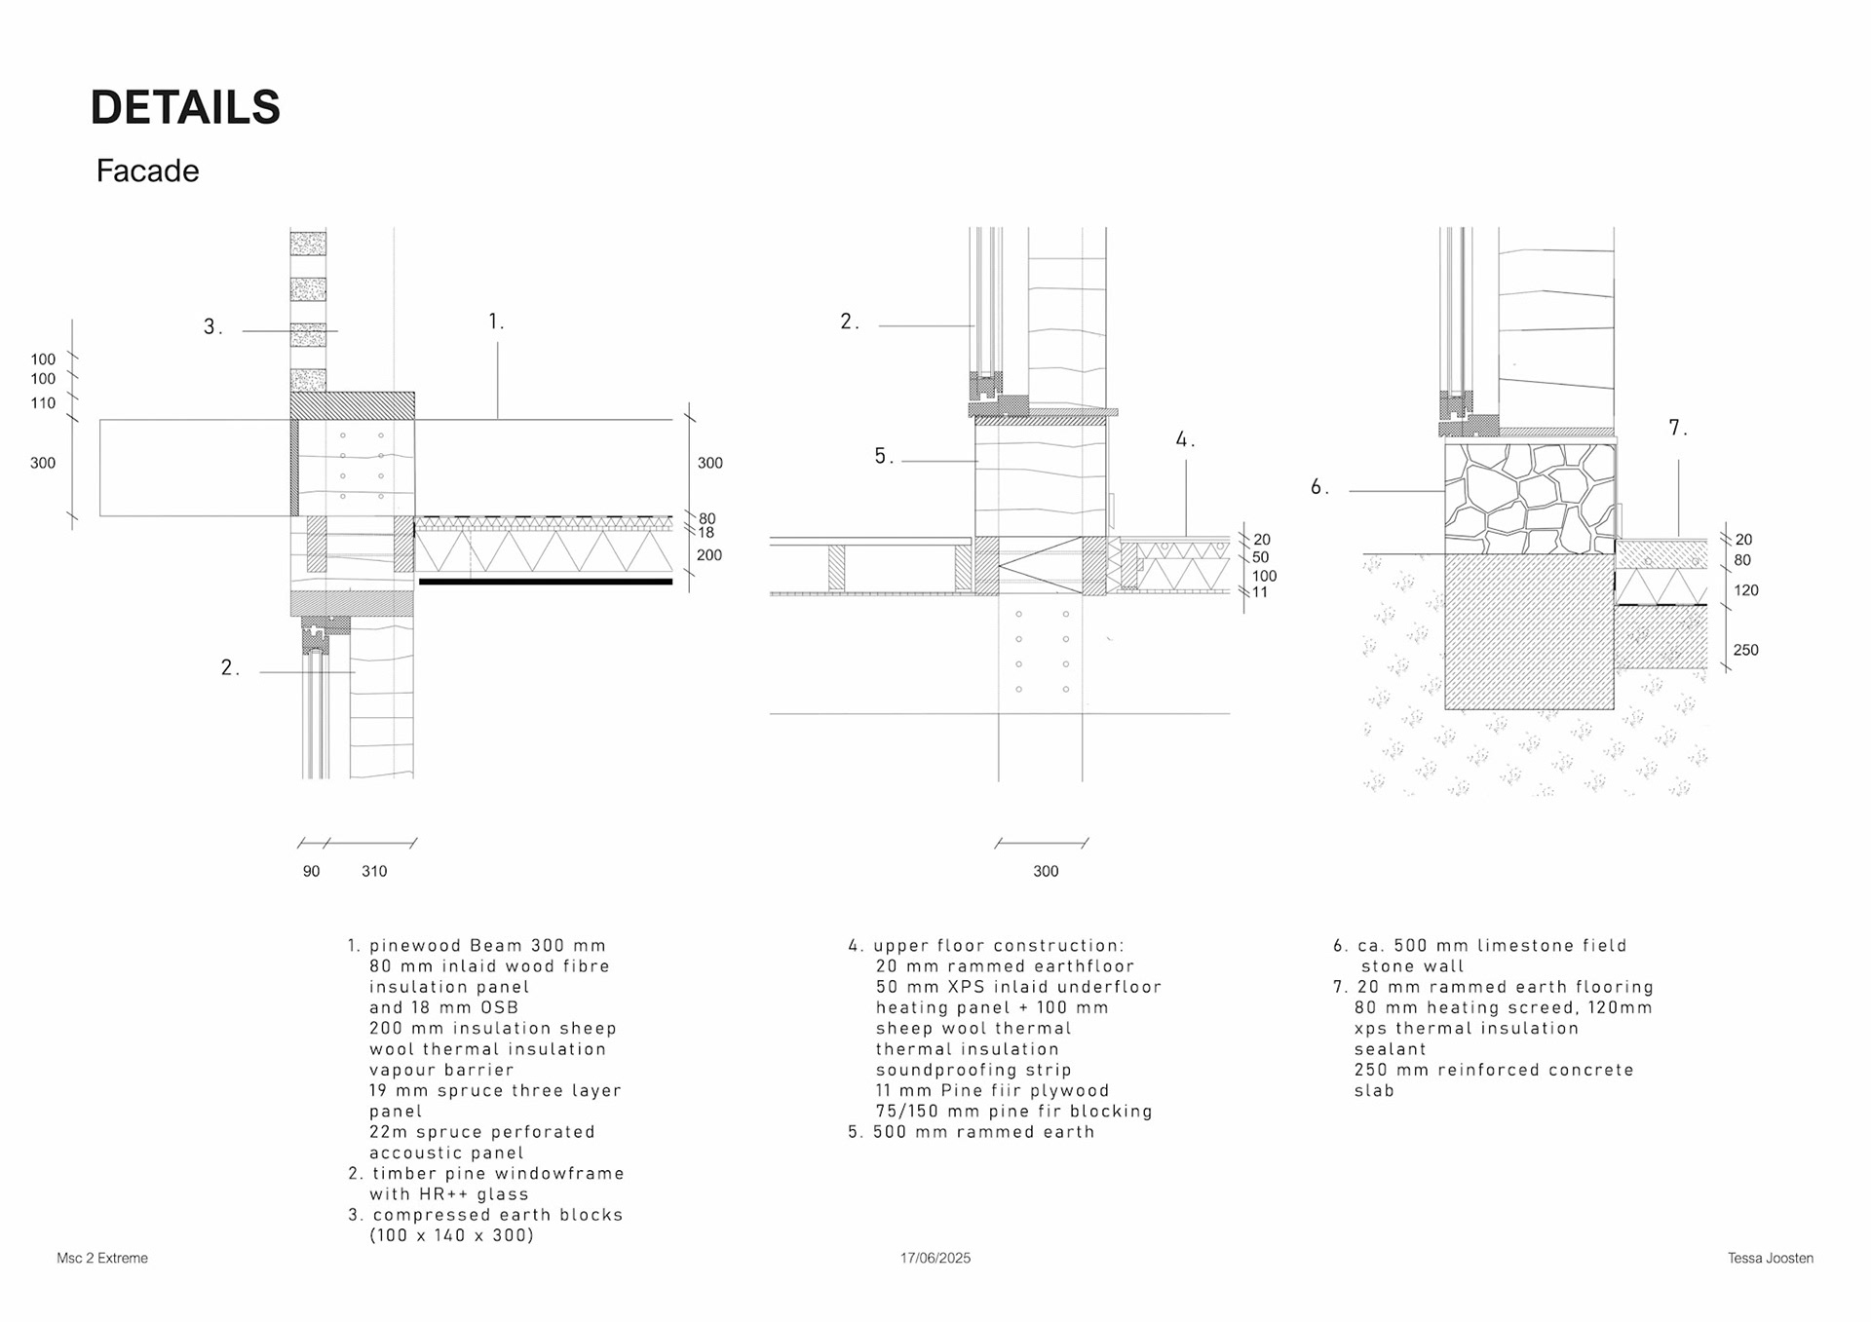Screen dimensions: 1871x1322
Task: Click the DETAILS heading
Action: [x=185, y=108]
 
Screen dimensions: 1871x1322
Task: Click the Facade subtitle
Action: [x=147, y=171]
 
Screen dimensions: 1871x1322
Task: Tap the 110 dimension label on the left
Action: [x=43, y=403]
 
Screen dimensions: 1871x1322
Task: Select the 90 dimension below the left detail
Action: [x=311, y=872]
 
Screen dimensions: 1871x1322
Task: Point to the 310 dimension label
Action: [x=374, y=872]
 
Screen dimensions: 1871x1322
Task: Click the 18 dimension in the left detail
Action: [x=706, y=533]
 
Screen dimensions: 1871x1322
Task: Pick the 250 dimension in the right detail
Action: [x=1745, y=651]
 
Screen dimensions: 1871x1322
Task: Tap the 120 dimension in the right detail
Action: [x=1745, y=590]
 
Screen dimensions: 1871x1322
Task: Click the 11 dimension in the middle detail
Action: [x=1259, y=592]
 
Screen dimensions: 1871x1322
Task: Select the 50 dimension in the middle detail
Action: [x=1260, y=557]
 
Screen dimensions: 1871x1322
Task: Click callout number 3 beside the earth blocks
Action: [x=211, y=327]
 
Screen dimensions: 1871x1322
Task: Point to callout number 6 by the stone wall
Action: [x=1318, y=487]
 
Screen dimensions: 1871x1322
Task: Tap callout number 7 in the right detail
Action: [x=1677, y=428]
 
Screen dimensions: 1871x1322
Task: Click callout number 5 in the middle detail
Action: [x=883, y=456]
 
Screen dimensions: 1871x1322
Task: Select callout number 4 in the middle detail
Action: [x=1184, y=439]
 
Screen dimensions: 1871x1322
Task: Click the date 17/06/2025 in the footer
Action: [x=935, y=1259]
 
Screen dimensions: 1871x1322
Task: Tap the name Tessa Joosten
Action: [x=1770, y=1259]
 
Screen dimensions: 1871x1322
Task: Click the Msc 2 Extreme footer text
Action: [x=102, y=1259]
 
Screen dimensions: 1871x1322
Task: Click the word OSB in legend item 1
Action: [x=499, y=1008]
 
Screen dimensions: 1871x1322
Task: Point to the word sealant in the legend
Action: [x=1390, y=1049]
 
